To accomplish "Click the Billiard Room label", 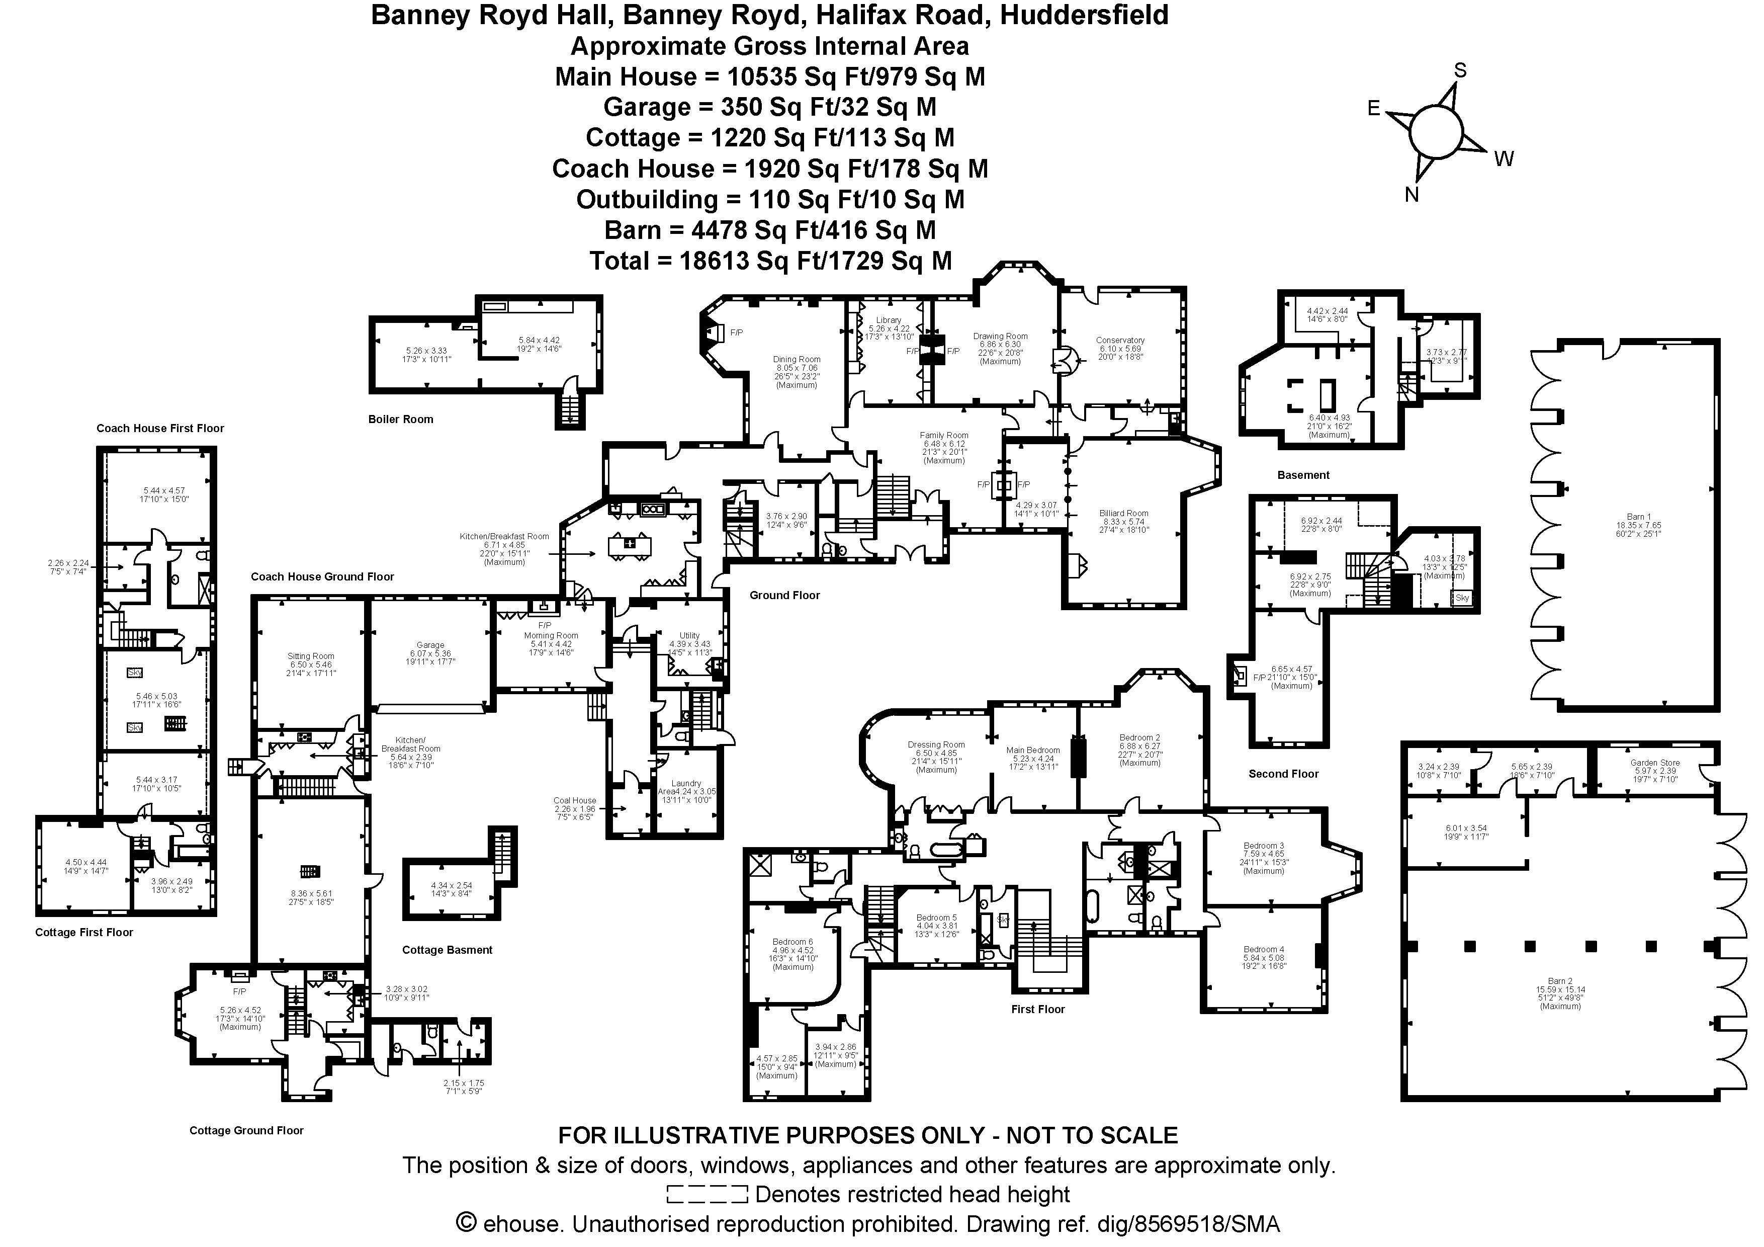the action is click(x=1123, y=513).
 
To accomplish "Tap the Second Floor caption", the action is click(x=1283, y=774).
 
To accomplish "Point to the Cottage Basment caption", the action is click(x=447, y=950).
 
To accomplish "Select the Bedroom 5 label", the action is click(x=936, y=918).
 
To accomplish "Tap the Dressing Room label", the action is click(x=936, y=744).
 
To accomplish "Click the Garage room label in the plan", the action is click(x=430, y=645).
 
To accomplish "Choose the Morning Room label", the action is click(x=551, y=635).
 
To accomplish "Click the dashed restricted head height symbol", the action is click(x=707, y=1194).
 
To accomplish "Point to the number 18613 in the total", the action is click(x=714, y=261).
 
